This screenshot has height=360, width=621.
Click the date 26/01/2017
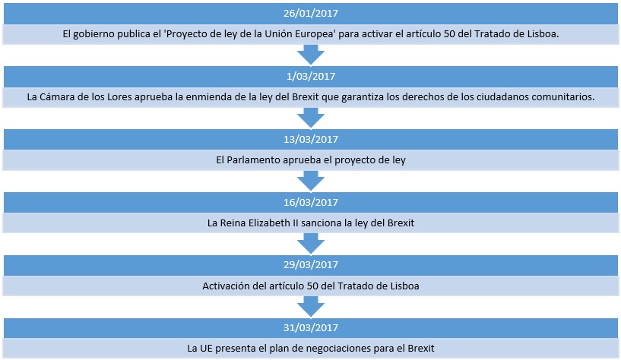tap(310, 13)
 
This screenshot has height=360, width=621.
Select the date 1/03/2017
tap(310, 76)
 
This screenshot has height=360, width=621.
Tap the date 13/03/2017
tap(310, 139)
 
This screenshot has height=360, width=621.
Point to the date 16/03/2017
tap(310, 202)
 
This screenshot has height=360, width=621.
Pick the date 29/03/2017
tap(310, 264)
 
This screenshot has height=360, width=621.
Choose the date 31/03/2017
tap(310, 327)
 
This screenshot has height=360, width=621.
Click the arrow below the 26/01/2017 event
tap(310, 55)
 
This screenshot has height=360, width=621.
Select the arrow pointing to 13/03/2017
tap(310, 118)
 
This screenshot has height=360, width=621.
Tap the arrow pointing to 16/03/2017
tap(310, 182)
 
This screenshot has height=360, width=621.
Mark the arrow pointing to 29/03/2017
tap(310, 243)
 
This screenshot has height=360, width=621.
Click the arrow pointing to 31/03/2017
tap(310, 307)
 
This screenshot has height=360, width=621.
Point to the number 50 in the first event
tap(449, 34)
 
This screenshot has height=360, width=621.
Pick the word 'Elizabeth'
tap(269, 223)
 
